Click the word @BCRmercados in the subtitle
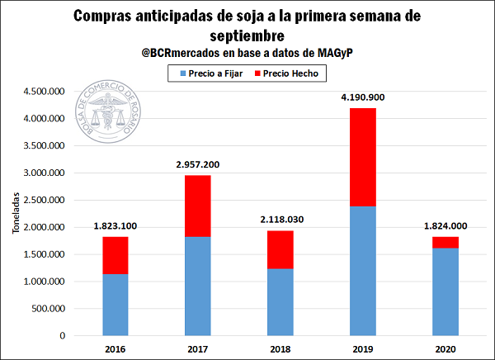click(181, 53)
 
